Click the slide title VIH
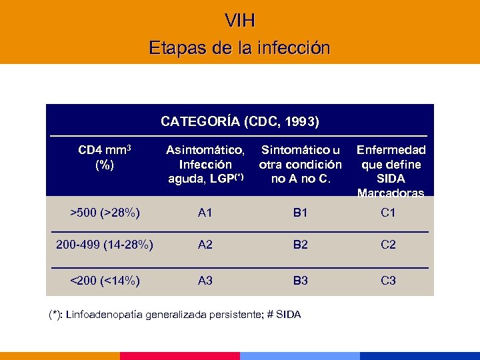tap(240, 21)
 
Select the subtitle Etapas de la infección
tap(240, 48)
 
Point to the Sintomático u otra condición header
tap(301, 164)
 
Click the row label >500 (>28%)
tap(105, 213)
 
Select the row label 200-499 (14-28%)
tap(105, 245)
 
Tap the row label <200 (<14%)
tap(105, 281)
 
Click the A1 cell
tap(205, 213)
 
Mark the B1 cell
tap(301, 213)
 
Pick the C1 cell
tap(388, 213)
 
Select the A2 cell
tap(205, 245)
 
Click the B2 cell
tap(301, 245)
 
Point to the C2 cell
tap(388, 245)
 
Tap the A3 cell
tap(205, 281)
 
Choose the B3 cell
tap(301, 281)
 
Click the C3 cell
tap(388, 281)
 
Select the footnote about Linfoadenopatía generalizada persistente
tap(175, 314)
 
